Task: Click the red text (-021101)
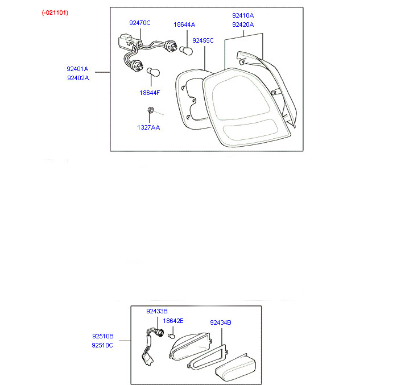55,13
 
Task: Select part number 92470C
139,23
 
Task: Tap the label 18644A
184,24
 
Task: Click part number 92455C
202,40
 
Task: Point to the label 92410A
243,15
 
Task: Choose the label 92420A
243,24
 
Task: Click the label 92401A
78,69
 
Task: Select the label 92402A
78,78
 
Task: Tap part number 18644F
150,92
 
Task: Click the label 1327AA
148,127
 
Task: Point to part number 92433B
156,311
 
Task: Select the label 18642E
173,321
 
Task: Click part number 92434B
220,322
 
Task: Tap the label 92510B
102,336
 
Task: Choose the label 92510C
102,345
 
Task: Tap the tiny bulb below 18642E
170,336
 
